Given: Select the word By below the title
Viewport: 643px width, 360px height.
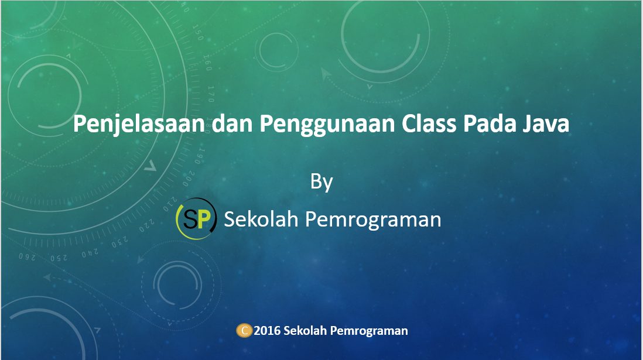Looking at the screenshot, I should coord(321,181).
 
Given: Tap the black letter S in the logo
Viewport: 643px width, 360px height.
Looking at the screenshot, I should coord(191,219).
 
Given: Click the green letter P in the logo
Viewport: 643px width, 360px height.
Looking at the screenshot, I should coord(203,219).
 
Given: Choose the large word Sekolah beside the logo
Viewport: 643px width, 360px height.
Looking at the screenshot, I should coord(261,219).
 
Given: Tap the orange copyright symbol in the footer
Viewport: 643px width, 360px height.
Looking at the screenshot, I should coord(244,331).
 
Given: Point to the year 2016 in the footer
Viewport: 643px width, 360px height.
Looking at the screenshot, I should coord(267,331).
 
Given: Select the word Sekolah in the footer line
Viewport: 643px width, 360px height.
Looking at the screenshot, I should coord(305,331).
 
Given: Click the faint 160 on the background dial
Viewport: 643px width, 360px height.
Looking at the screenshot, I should coord(207,61).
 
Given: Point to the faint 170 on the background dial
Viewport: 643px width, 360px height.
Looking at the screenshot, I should coord(211,93).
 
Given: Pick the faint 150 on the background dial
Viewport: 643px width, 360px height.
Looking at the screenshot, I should coord(199,34).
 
